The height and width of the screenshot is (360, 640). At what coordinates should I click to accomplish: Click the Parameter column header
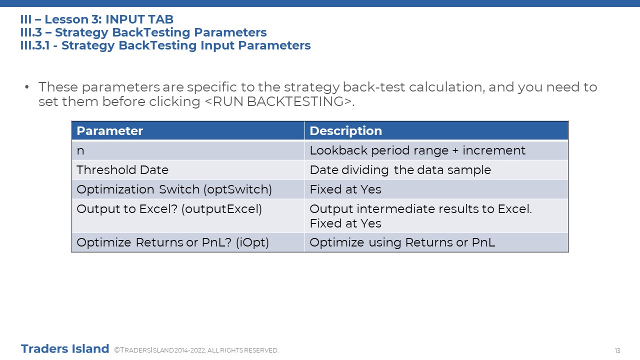click(x=188, y=131)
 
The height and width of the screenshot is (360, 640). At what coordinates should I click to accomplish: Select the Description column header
click(x=436, y=131)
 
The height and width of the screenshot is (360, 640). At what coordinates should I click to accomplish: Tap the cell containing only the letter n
click(x=188, y=150)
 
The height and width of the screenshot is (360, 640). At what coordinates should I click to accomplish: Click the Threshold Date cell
click(x=188, y=170)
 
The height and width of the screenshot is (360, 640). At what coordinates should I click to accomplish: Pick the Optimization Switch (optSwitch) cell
click(x=188, y=189)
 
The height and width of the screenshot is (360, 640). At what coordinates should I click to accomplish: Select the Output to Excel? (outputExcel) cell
click(x=188, y=216)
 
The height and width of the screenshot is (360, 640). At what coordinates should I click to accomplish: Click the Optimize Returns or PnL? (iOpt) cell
click(x=188, y=242)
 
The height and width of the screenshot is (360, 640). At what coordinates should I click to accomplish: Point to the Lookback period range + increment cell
click(x=436, y=150)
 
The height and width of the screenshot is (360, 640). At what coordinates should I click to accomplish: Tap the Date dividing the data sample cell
click(x=436, y=170)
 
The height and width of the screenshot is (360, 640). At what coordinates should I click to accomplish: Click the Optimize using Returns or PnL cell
click(x=436, y=242)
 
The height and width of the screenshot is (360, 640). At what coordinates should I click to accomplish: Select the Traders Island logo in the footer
click(x=65, y=349)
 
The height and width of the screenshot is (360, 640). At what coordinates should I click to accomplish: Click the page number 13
click(x=617, y=351)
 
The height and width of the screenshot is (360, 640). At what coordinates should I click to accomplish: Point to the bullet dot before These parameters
click(x=27, y=86)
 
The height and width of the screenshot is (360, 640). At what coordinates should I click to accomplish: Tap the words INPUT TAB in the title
click(x=139, y=19)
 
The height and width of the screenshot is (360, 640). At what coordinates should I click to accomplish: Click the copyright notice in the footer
click(x=196, y=350)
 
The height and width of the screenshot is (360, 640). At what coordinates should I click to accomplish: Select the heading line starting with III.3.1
click(x=165, y=45)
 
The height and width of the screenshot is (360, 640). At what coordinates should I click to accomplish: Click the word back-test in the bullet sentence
click(x=373, y=87)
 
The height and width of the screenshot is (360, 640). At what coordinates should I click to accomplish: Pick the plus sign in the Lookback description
click(x=455, y=151)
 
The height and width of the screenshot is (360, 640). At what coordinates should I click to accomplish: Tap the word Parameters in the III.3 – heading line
click(x=230, y=32)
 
